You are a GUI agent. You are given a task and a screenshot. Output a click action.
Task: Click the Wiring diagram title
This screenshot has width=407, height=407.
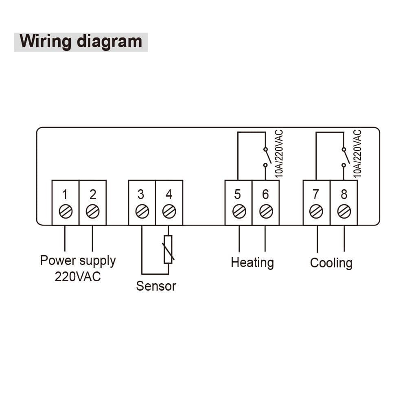click(x=81, y=42)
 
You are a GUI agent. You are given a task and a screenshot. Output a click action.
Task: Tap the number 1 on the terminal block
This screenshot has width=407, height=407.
click(x=65, y=195)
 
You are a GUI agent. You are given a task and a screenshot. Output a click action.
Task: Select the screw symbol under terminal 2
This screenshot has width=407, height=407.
click(x=93, y=211)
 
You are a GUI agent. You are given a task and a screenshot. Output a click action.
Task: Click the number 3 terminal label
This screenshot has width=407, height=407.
click(x=141, y=195)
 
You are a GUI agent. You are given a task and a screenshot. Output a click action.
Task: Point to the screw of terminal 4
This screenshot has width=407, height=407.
click(x=168, y=211)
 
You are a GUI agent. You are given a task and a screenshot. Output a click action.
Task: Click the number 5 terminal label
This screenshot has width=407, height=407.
click(x=238, y=195)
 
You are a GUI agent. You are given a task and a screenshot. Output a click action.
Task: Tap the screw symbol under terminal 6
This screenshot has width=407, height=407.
click(x=265, y=211)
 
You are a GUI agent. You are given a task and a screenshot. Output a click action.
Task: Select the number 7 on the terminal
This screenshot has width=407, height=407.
click(x=316, y=195)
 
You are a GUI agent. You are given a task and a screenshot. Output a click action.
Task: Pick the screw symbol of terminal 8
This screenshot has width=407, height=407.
click(x=344, y=211)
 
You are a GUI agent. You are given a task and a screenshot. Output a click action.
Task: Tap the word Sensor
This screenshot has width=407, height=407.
click(x=156, y=286)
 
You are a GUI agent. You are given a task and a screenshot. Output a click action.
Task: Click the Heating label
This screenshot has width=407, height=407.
click(x=252, y=263)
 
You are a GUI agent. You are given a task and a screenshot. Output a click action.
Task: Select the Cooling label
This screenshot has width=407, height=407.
click(x=331, y=263)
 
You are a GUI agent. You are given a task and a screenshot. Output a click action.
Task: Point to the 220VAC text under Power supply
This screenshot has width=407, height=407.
click(x=78, y=277)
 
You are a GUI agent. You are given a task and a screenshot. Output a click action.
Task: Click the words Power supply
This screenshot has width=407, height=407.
click(x=78, y=260)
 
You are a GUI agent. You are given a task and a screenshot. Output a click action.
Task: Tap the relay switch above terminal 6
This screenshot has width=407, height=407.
click(x=265, y=157)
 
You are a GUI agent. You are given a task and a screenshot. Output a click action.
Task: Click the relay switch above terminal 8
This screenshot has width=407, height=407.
click(x=344, y=157)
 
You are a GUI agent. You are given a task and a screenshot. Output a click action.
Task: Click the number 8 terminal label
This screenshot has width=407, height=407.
click(x=344, y=195)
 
